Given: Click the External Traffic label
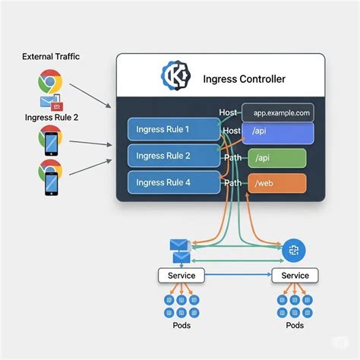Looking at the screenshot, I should [x=51, y=56].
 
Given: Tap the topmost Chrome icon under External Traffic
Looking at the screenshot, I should [x=50, y=81].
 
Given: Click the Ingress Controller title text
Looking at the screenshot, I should [x=245, y=78].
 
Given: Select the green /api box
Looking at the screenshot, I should [x=277, y=158].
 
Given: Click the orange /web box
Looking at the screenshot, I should [x=277, y=183].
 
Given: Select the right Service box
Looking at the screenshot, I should [x=295, y=275].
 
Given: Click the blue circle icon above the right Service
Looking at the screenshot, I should [x=294, y=250].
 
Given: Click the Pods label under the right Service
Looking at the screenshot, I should [x=295, y=325].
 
